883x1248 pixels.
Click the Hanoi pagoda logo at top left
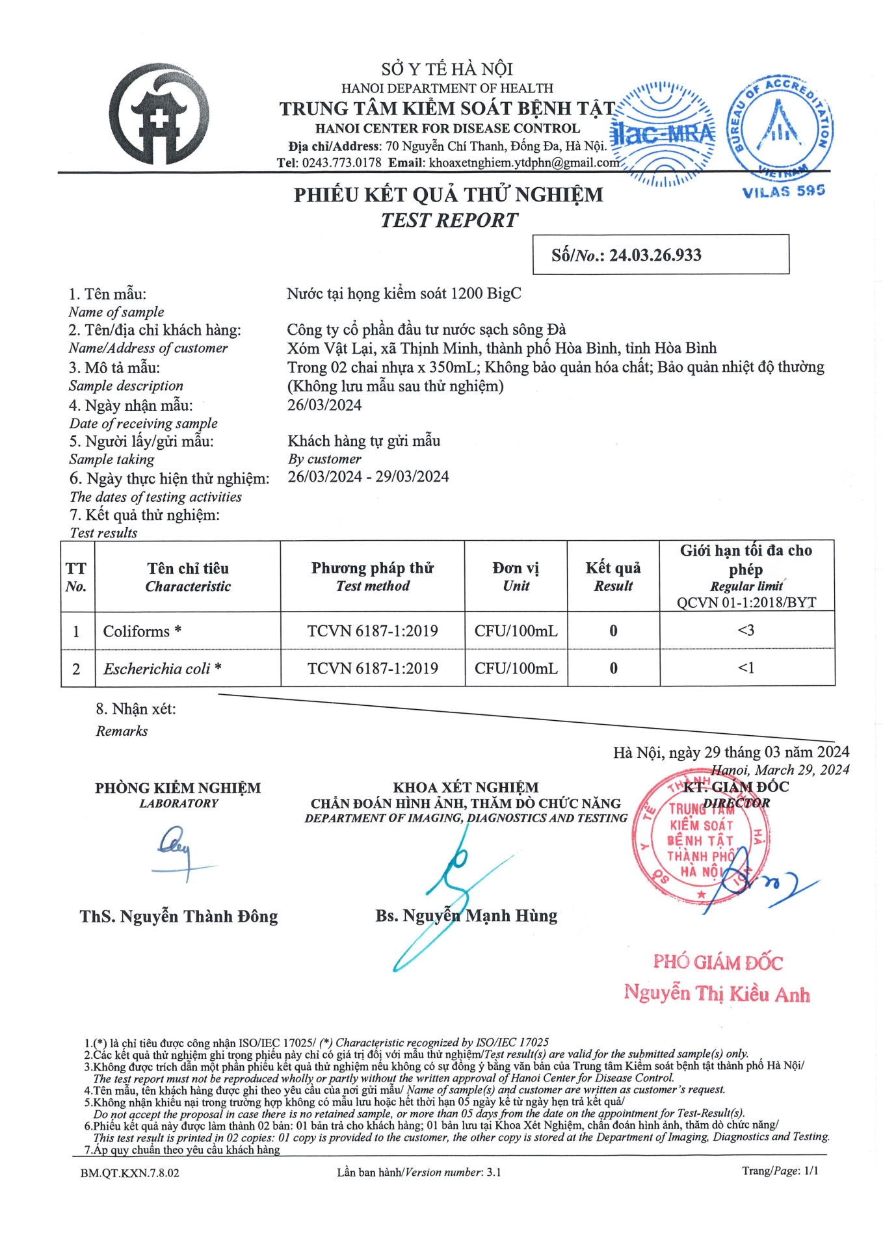159,114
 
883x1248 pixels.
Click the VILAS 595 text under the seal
783,191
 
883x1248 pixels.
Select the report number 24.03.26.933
655,255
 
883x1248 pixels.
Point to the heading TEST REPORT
449,220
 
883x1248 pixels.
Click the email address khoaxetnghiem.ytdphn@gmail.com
524,162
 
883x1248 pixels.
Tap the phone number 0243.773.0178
341,162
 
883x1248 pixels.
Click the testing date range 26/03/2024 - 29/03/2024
368,476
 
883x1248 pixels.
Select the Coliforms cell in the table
142,631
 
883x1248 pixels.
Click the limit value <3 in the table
746,630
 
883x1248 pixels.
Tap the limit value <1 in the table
746,668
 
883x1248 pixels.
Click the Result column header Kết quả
613,576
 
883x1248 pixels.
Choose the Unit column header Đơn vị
516,576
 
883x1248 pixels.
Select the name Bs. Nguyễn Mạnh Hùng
466,916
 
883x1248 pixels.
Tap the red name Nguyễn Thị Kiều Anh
717,993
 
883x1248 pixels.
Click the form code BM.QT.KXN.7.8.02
130,1173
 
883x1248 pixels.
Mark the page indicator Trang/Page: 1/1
780,1171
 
